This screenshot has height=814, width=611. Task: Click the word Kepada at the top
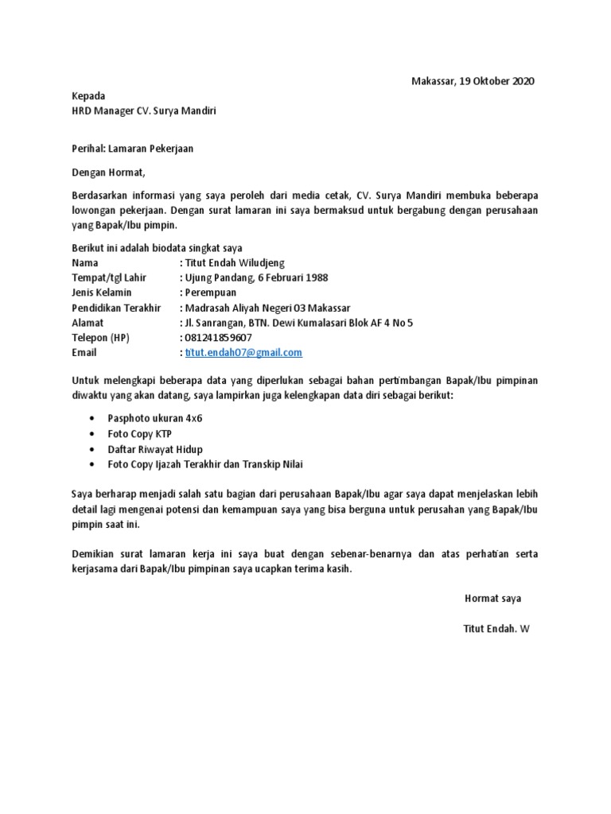pos(88,96)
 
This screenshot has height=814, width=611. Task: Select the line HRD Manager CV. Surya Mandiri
pos(143,111)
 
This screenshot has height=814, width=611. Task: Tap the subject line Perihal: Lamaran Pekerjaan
pos(132,148)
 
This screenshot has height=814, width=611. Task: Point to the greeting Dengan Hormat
pos(109,171)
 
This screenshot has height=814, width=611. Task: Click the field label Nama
pos(86,262)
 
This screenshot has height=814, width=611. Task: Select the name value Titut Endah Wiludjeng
pos(235,262)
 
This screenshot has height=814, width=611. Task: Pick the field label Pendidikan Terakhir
pos(116,308)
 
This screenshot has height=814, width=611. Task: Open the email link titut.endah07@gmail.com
pos(243,352)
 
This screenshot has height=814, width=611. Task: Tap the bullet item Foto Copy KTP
pos(139,433)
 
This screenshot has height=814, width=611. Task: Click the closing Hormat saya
pos(492,598)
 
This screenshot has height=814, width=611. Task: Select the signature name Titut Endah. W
pos(496,628)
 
